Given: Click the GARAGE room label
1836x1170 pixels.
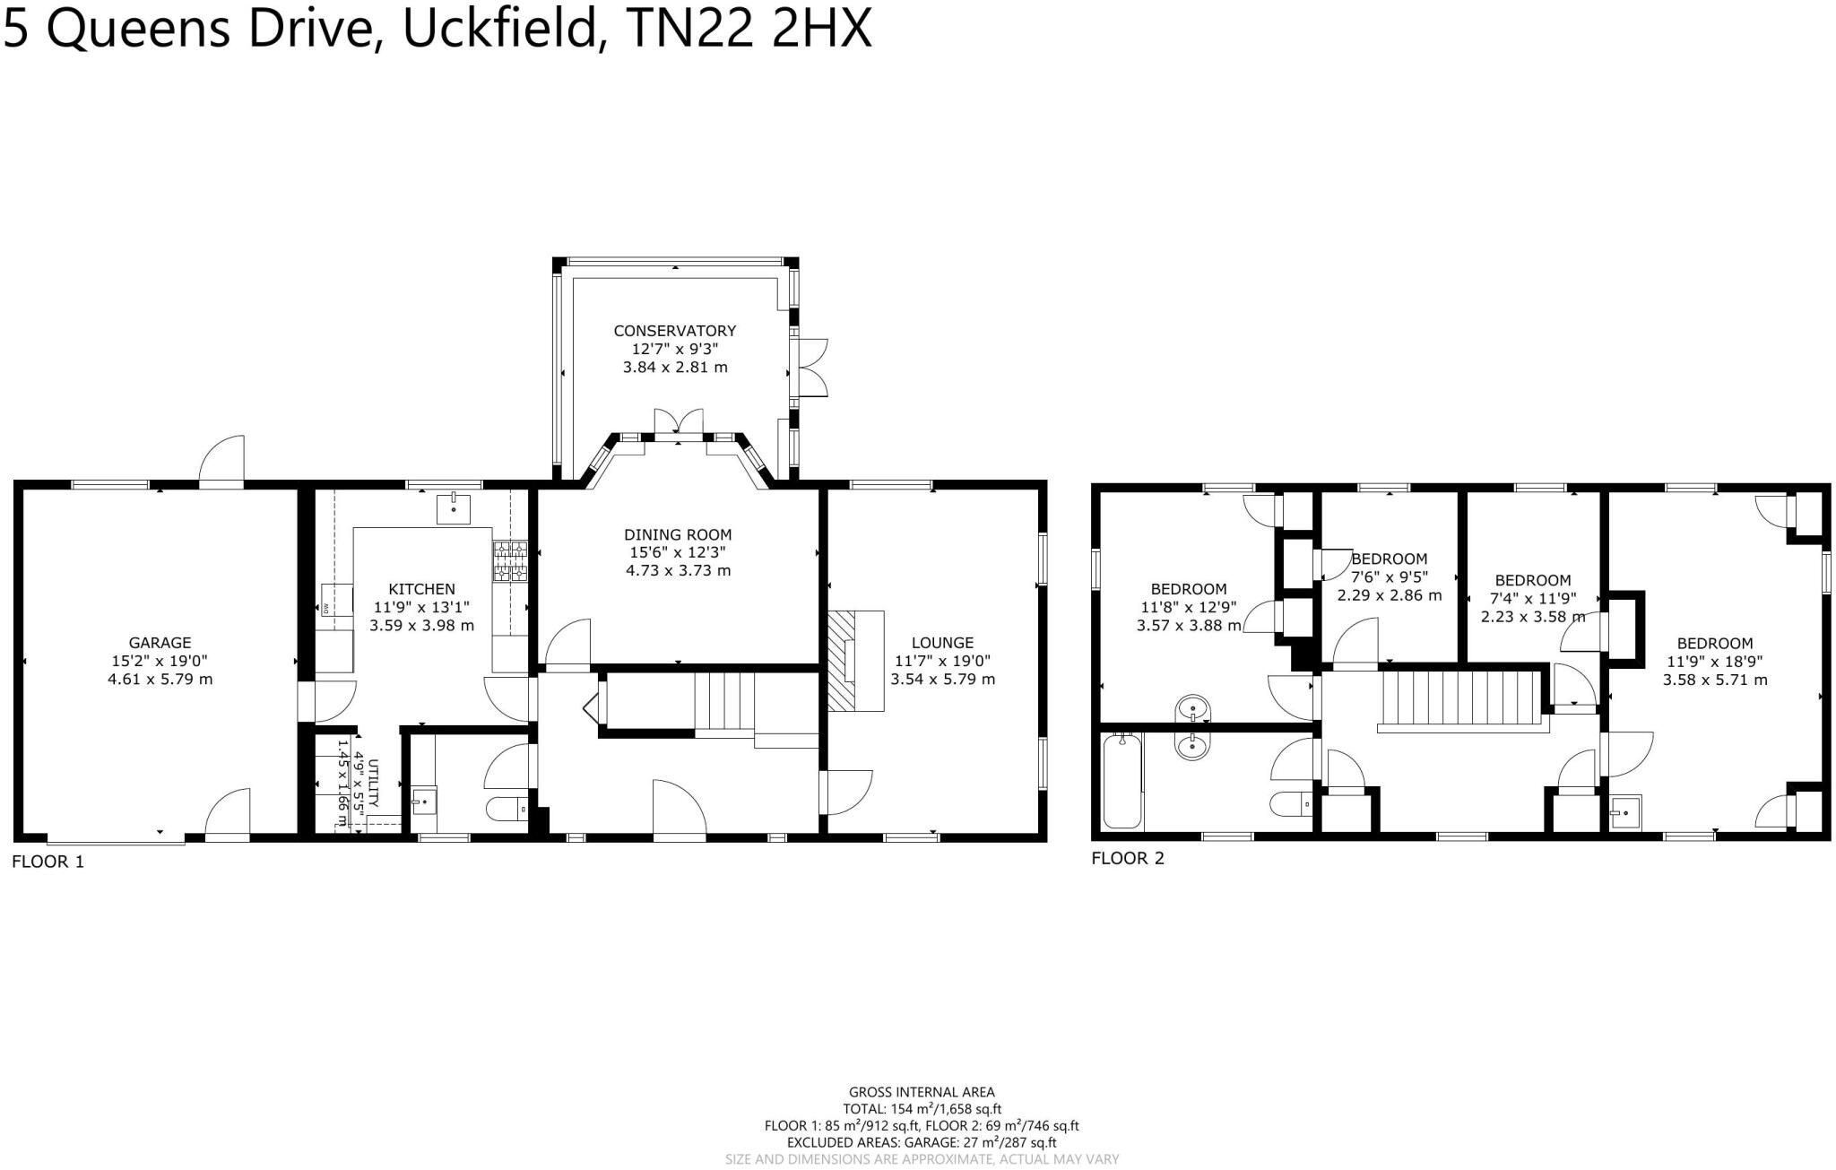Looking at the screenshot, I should point(160,643).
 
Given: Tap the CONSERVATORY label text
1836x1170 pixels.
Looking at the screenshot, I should point(674,331).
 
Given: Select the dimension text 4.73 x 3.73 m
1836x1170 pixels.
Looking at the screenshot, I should point(678,571).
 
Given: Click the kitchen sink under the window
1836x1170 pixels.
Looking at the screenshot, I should point(453,508).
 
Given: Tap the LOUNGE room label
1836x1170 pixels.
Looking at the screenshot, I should point(942,643).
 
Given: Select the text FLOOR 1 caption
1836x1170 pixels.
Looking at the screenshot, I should point(48,862).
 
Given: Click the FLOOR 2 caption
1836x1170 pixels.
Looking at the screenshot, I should point(1128,859).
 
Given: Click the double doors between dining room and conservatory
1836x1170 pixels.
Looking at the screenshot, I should point(678,424).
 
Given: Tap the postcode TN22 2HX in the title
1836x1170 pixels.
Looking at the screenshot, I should point(749,29).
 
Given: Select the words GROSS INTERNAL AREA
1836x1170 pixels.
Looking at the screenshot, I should point(921,1092).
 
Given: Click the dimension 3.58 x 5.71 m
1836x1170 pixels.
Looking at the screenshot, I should point(1714,680).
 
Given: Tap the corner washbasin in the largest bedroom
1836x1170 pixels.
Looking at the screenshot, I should point(1624,813).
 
